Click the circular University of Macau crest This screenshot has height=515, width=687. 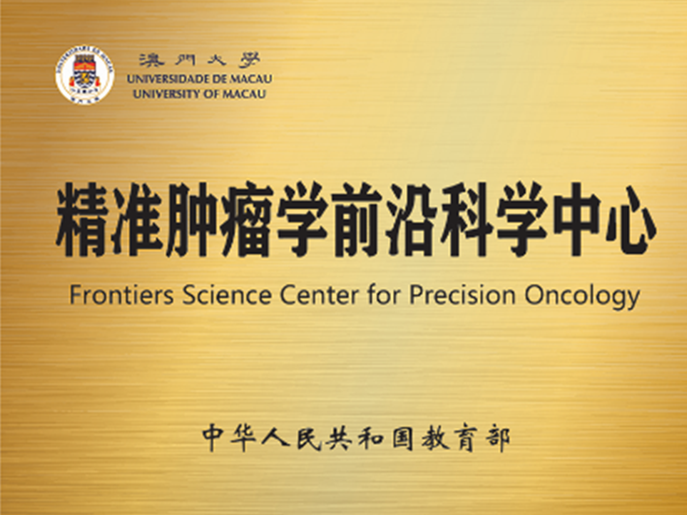84,74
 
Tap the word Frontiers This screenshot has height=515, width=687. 121,295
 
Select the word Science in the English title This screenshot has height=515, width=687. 227,295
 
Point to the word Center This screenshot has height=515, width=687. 319,295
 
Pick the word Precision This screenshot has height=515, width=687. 462,295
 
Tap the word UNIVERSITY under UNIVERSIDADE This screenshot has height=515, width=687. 167,94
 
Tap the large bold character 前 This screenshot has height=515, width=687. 356,220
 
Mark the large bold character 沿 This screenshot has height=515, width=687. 411,220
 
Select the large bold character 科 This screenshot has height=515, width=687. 466,220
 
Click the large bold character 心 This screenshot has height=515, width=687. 631,220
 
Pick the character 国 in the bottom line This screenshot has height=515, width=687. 402,440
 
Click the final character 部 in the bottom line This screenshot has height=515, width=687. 498,440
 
